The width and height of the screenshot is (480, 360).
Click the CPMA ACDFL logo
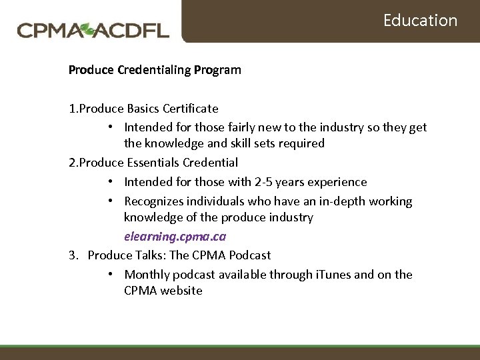coord(93,30)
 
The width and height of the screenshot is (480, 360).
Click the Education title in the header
coord(420,20)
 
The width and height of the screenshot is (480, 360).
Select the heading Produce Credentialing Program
coord(155,69)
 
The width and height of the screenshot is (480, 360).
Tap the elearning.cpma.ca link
coord(175,236)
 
